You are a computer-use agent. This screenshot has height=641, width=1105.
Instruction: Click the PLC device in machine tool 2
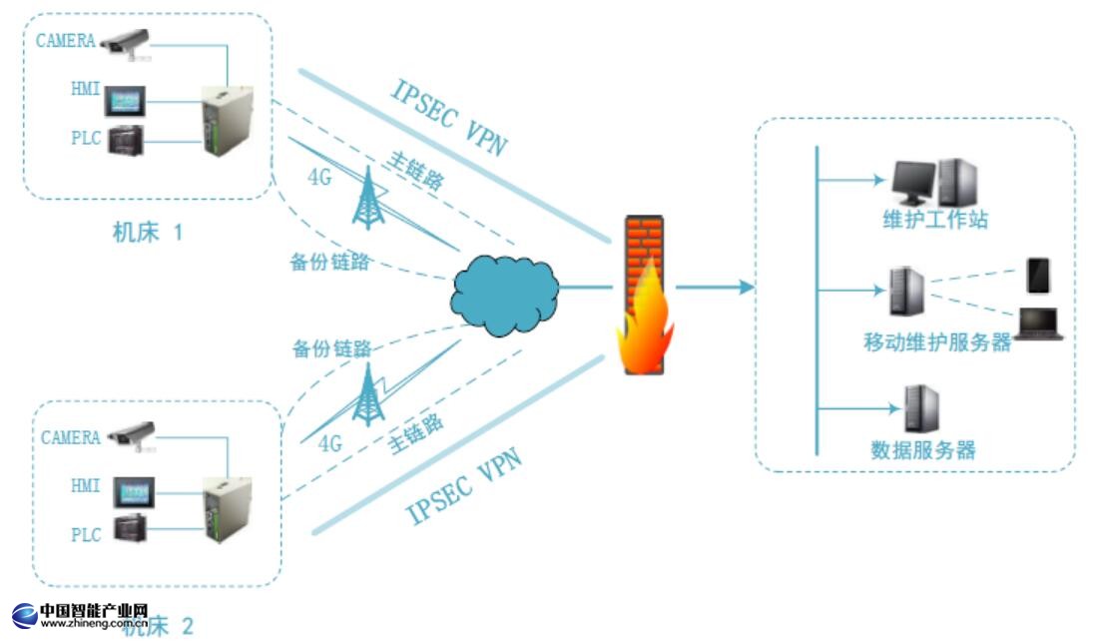click(130, 529)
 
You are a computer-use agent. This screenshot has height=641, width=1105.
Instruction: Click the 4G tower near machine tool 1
click(369, 199)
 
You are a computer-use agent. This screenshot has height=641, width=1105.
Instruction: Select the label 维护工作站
click(935, 220)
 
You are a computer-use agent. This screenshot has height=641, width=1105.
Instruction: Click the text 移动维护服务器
click(937, 343)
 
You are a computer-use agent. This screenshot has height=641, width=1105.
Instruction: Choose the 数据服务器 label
click(923, 450)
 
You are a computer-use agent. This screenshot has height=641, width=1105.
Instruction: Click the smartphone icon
click(1038, 276)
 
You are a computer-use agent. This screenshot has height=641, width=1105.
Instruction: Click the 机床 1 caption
click(148, 234)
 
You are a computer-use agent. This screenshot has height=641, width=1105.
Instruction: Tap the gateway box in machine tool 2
click(227, 508)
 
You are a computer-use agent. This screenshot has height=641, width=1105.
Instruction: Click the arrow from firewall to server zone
click(715, 288)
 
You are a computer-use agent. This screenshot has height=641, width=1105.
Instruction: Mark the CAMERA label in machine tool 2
click(71, 437)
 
